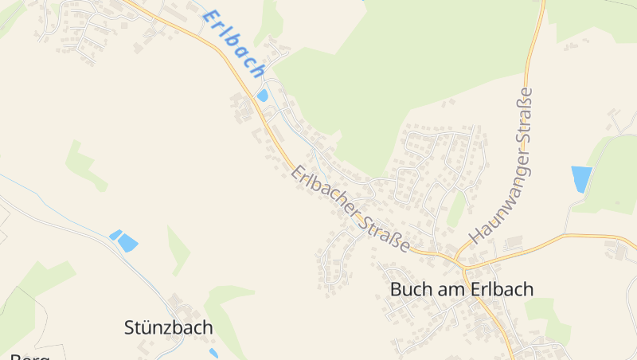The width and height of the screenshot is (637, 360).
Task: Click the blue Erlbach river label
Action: tap(234, 43)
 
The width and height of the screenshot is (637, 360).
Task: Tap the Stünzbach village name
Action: tap(169, 327)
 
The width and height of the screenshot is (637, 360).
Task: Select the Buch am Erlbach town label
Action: tap(462, 289)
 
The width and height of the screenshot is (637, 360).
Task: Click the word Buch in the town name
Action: tap(409, 289)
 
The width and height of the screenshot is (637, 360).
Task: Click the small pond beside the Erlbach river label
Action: tap(263, 96)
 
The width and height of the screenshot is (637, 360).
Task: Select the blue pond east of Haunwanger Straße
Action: tap(581, 178)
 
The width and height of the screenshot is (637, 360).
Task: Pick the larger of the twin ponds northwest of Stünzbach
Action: tap(127, 244)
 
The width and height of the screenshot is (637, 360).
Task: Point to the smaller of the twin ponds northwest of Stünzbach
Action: tap(115, 234)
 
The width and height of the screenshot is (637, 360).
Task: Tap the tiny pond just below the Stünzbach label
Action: tap(213, 353)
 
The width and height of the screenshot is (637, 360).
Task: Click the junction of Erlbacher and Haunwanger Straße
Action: tap(459, 260)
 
